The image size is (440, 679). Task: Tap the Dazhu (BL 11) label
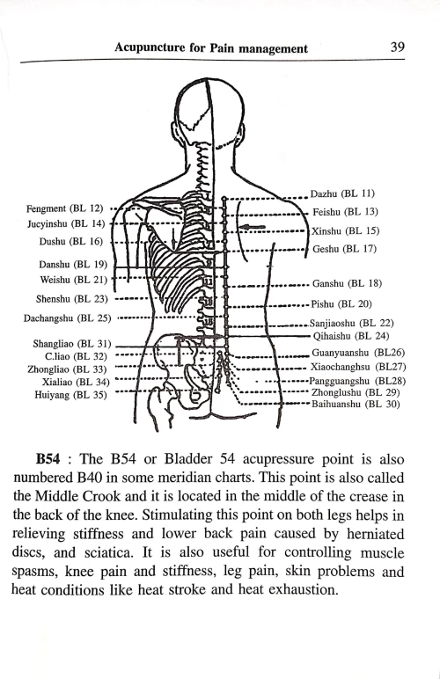[343, 193]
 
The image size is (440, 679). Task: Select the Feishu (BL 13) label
[346, 212]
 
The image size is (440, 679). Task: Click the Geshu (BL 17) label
[344, 249]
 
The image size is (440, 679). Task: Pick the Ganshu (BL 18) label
[347, 283]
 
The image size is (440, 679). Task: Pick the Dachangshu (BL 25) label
[68, 318]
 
